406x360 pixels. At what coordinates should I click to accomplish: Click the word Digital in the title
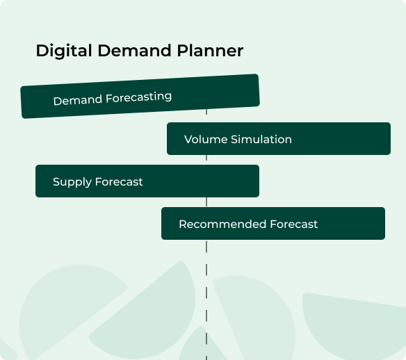(64, 51)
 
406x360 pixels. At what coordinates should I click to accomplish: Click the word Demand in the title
(134, 51)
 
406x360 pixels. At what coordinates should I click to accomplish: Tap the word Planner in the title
(210, 51)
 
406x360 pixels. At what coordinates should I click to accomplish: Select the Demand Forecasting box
(140, 97)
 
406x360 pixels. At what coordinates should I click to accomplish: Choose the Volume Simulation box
(279, 139)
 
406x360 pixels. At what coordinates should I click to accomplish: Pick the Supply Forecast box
(147, 181)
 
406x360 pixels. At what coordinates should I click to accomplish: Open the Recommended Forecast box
(273, 223)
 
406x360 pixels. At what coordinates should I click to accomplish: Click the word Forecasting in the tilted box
(139, 98)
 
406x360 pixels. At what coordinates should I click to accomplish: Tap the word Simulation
(261, 139)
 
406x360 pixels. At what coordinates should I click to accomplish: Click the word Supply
(72, 182)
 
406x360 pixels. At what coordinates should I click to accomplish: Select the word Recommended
(222, 224)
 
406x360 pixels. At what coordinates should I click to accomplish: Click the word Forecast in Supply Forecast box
(119, 181)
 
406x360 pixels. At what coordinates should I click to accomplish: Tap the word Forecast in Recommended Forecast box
(294, 224)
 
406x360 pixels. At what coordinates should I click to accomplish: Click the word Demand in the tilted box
(78, 100)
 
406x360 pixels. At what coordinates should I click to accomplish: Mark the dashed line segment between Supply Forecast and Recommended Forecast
(206, 202)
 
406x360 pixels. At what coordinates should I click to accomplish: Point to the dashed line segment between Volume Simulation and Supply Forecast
(206, 158)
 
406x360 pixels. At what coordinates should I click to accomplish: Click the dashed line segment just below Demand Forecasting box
(206, 112)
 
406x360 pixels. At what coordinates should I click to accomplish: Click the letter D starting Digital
(42, 51)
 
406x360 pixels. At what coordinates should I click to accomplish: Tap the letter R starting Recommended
(184, 224)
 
